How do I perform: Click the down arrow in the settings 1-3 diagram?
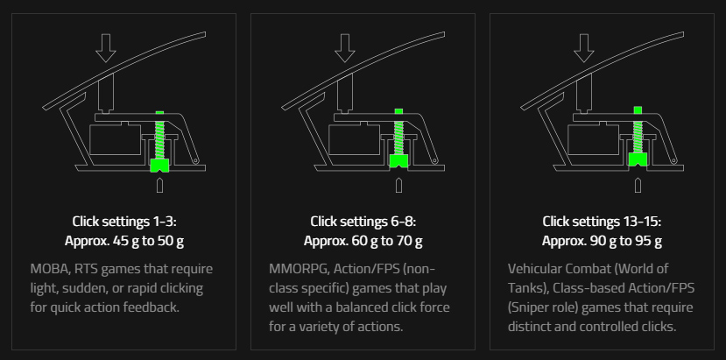(x=106, y=47)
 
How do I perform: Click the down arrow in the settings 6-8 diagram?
(x=344, y=47)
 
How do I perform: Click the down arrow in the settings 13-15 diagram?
(x=583, y=47)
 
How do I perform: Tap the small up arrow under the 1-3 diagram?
(x=159, y=185)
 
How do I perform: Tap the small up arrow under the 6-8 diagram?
(x=398, y=185)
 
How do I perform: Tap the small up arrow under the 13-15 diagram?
(x=638, y=185)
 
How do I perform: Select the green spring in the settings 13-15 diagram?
(x=638, y=134)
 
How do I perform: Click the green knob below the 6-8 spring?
(x=398, y=161)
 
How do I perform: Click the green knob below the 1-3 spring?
(x=159, y=166)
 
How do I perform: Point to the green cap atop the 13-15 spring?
(x=638, y=110)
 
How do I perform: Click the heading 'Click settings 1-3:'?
(x=124, y=222)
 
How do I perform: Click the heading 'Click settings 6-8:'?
(x=363, y=222)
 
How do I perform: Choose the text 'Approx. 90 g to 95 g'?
(x=602, y=241)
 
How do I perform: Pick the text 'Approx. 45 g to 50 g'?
(x=124, y=241)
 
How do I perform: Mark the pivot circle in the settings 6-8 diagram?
(x=434, y=161)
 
